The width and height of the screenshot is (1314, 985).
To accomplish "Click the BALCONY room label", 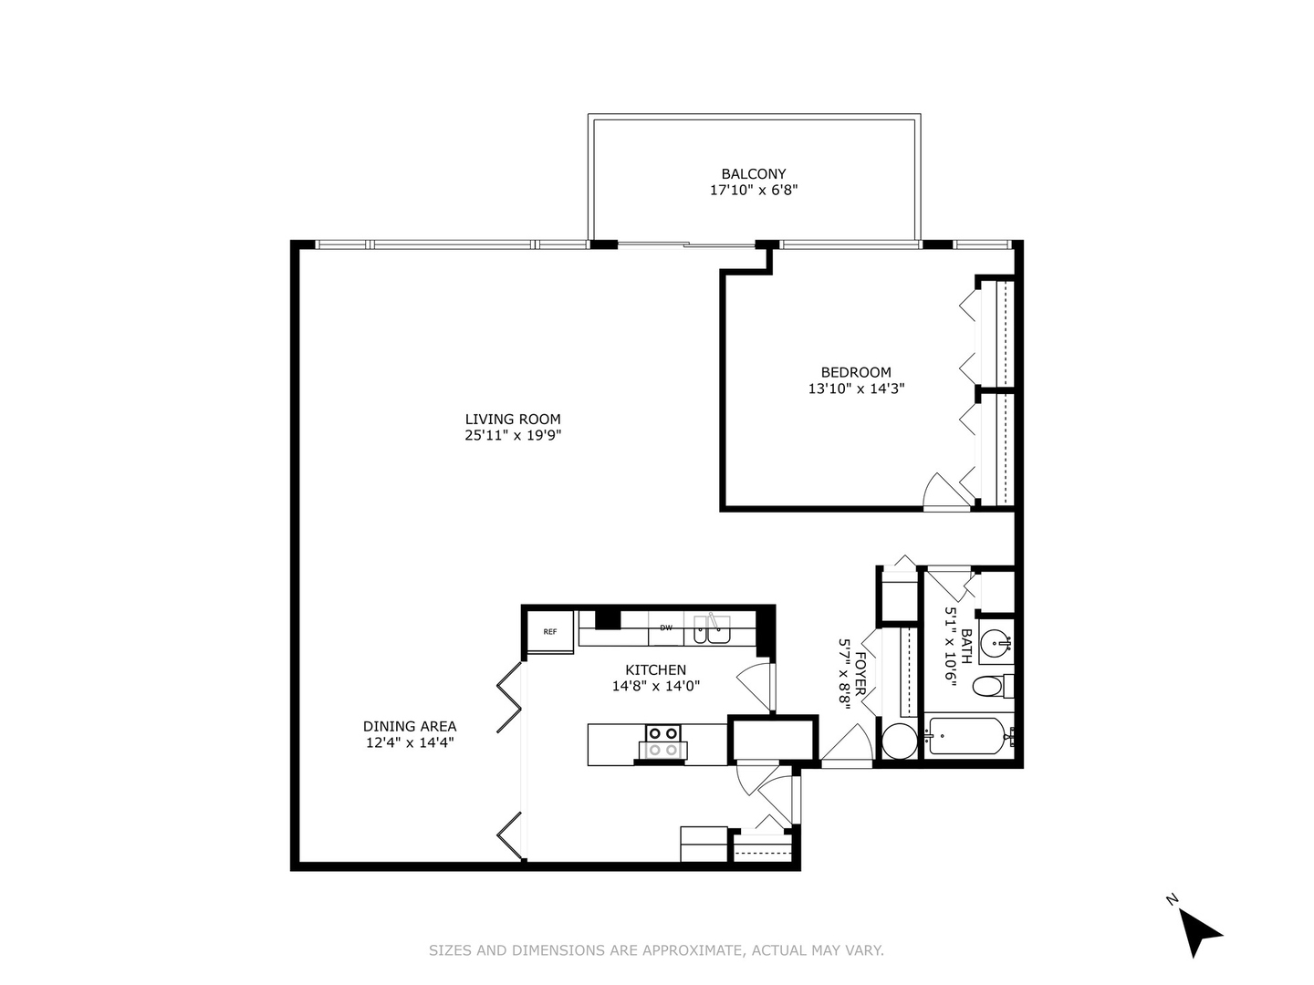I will coord(753,173).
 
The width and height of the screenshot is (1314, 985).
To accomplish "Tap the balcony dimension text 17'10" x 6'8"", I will coord(753,191).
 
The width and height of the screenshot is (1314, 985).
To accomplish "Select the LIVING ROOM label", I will coord(513,419).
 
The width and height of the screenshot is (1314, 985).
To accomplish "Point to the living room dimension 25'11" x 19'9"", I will coord(513,436).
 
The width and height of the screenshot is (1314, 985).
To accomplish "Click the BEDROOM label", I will coord(856,371).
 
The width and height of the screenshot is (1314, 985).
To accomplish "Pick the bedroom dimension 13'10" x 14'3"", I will coord(856,389).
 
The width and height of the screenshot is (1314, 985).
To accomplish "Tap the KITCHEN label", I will coord(655,669).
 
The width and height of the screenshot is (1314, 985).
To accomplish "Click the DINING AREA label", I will coord(410,726).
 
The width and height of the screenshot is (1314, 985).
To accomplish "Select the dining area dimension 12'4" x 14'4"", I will coord(410,743).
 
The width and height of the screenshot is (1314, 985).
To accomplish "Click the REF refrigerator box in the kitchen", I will coord(550,631).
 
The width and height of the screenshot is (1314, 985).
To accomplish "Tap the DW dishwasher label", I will coord(666,627).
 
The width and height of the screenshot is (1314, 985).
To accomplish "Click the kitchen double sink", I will coord(712,629).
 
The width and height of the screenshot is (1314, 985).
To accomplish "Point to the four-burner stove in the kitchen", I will coord(662,741).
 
